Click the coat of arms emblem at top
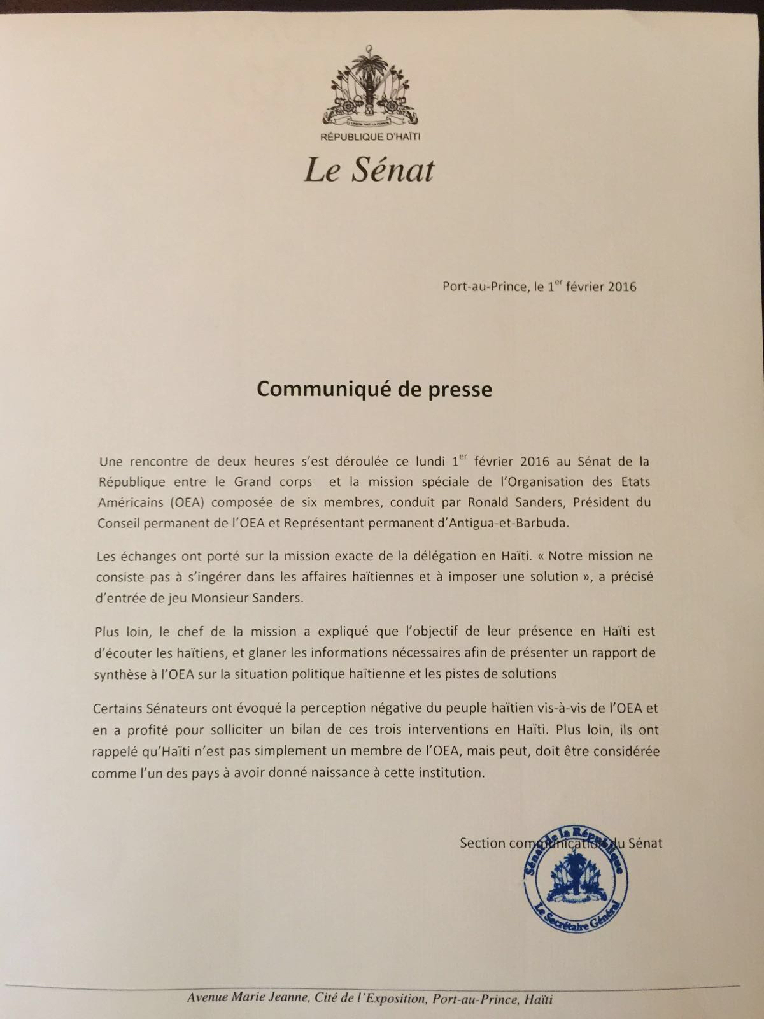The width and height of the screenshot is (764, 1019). click(x=369, y=85)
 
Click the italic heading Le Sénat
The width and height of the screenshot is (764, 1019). click(x=369, y=170)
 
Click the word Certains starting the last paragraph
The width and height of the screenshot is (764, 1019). click(x=118, y=708)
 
